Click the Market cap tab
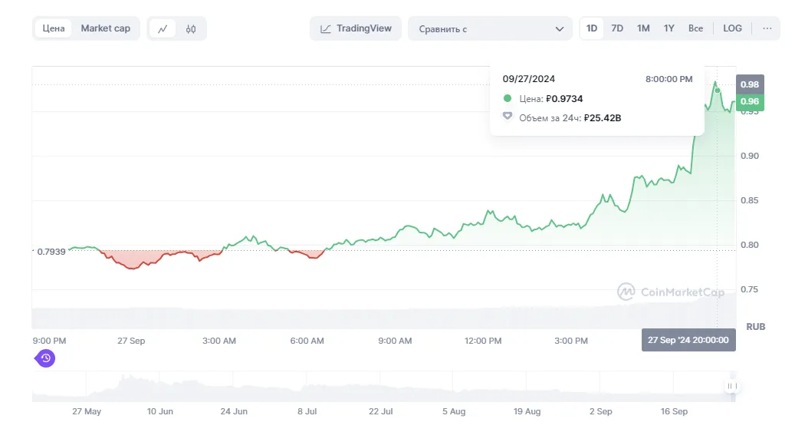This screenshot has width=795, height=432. click(x=106, y=28)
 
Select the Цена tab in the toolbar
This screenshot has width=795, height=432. click(x=53, y=28)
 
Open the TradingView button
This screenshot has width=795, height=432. click(x=356, y=28)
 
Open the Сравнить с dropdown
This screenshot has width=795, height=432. click(x=491, y=29)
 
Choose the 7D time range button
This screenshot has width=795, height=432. click(x=617, y=28)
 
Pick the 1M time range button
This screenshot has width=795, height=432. click(x=643, y=28)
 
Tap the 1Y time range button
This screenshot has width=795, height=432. click(x=669, y=28)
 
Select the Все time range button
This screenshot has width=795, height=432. click(x=695, y=28)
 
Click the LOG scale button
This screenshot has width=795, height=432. click(x=732, y=28)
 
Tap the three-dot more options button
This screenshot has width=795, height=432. click(x=767, y=28)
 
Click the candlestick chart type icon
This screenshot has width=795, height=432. click(x=191, y=29)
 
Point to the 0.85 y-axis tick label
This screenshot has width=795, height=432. click(x=749, y=200)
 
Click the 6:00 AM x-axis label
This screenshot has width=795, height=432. click(x=307, y=341)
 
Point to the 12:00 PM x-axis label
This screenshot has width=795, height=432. click(x=483, y=341)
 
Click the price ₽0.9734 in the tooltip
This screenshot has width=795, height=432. click(x=564, y=99)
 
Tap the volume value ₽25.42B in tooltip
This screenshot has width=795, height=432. click(x=603, y=118)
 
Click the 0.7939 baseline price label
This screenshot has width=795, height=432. click(x=51, y=252)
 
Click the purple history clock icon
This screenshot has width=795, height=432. click(x=45, y=358)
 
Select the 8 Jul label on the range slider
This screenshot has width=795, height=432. click(x=307, y=411)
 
